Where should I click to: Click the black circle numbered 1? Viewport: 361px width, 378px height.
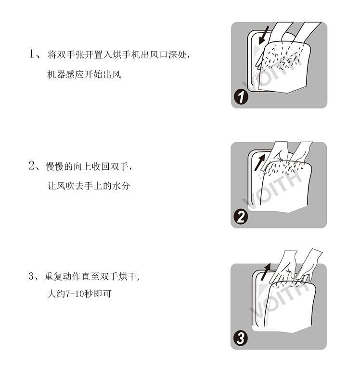[241, 97]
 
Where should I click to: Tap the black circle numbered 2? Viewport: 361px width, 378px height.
[241, 216]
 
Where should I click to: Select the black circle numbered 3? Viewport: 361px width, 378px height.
[241, 338]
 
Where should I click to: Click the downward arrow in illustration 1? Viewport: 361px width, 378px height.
[264, 36]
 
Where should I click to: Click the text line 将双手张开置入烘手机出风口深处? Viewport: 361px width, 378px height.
[117, 55]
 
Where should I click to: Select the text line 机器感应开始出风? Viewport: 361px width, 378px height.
[84, 74]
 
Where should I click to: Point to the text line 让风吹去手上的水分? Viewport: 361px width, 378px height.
[89, 186]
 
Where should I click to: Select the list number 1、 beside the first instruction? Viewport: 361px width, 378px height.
[35, 54]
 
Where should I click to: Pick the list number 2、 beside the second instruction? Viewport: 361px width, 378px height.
[34, 166]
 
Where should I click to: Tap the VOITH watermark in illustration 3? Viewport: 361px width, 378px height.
[279, 301]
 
